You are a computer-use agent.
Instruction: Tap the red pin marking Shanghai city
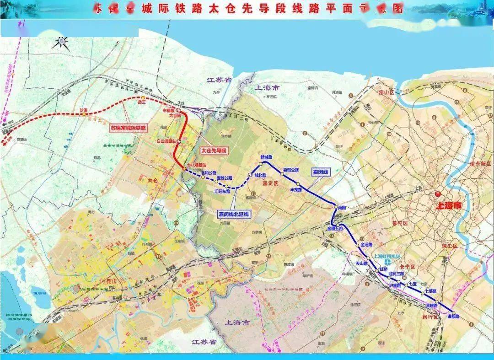click(x=438, y=194)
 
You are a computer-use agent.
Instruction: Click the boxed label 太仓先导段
click(x=214, y=150)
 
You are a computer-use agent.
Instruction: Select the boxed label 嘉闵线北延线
click(x=233, y=214)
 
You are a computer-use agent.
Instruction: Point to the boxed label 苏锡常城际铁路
click(x=129, y=128)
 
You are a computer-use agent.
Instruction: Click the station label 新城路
click(x=266, y=157)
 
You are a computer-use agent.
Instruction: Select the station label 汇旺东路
click(x=222, y=191)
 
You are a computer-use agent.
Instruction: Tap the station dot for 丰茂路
click(x=298, y=183)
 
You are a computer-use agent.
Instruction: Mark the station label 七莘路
click(x=431, y=291)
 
